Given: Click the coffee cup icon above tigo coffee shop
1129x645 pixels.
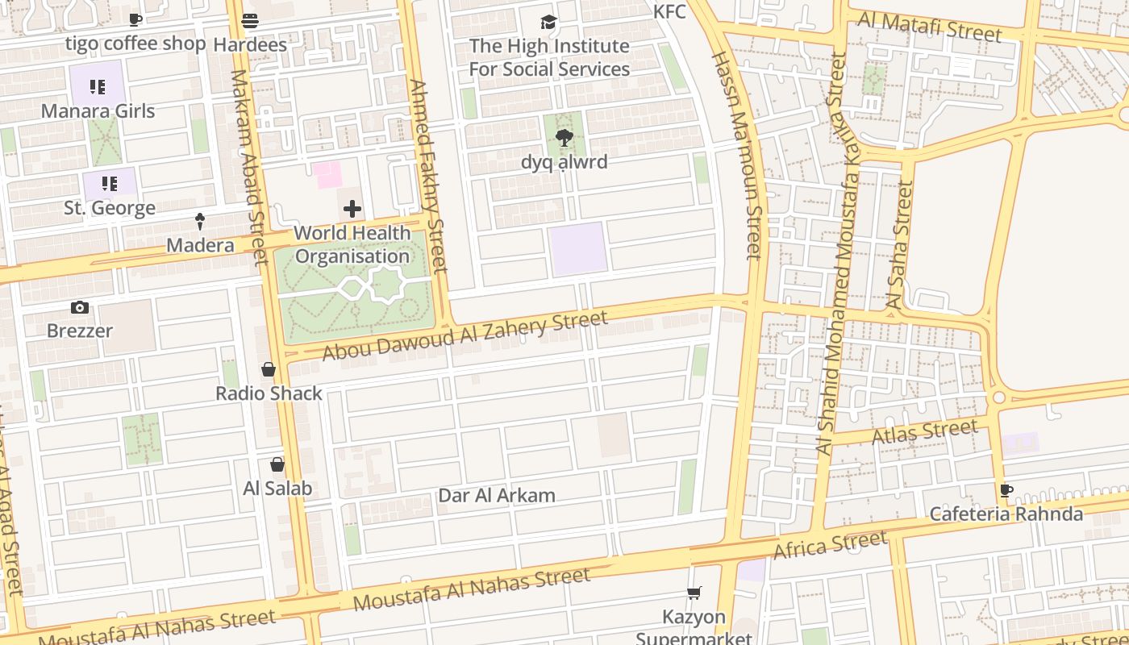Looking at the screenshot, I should pyautogui.click(x=135, y=20).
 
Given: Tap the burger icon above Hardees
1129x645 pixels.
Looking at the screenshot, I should pyautogui.click(x=250, y=20).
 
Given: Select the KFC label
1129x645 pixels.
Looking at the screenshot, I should pyautogui.click(x=669, y=11).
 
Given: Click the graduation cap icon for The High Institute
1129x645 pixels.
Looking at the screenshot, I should pyautogui.click(x=549, y=22).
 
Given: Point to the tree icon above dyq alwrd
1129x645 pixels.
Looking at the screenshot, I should pyautogui.click(x=564, y=138).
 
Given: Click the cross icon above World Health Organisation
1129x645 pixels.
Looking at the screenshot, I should pyautogui.click(x=352, y=210).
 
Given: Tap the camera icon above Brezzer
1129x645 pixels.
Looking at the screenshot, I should pyautogui.click(x=79, y=307).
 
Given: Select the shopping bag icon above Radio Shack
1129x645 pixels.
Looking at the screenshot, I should pyautogui.click(x=269, y=370).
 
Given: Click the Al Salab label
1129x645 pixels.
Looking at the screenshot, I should pyautogui.click(x=277, y=489).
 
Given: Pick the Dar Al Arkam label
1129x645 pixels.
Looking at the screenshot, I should pyautogui.click(x=497, y=496).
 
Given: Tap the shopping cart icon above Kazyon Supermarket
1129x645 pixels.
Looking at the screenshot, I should pyautogui.click(x=694, y=593).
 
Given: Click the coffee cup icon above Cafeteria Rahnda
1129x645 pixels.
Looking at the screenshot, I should pyautogui.click(x=1006, y=490).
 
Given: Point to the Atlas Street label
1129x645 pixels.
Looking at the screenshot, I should pyautogui.click(x=925, y=432).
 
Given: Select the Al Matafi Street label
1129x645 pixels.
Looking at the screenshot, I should pyautogui.click(x=929, y=26).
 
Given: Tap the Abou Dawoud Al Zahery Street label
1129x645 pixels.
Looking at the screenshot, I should pyautogui.click(x=465, y=335).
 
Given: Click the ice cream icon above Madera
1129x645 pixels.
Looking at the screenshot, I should pyautogui.click(x=200, y=222).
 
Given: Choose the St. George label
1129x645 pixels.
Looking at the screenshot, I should pyautogui.click(x=110, y=208).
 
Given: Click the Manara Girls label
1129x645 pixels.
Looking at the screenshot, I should pyautogui.click(x=98, y=110).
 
